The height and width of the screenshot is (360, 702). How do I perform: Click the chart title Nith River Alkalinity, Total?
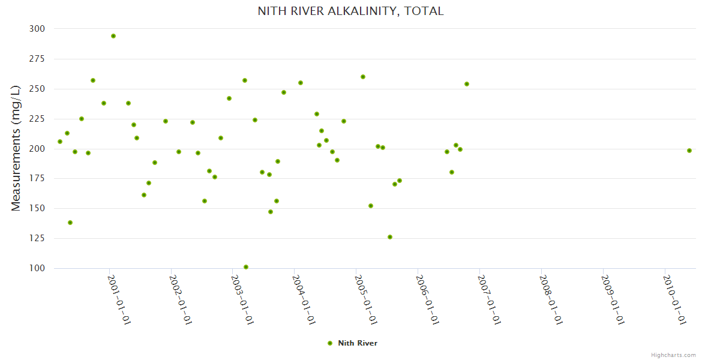[x=350, y=11]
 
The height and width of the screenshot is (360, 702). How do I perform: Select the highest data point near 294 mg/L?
[x=113, y=36]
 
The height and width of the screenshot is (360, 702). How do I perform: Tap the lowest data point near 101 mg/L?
[x=246, y=267]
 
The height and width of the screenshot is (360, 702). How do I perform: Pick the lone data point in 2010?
[x=689, y=151]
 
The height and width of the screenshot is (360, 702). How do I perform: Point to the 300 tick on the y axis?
[x=37, y=29]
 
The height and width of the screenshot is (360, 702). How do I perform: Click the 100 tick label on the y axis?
[x=37, y=268]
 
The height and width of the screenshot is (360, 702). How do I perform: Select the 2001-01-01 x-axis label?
[x=119, y=299]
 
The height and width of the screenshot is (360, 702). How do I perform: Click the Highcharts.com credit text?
[x=673, y=355]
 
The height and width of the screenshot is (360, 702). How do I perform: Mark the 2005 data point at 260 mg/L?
[x=363, y=77]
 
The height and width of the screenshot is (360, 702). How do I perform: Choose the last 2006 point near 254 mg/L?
[x=467, y=84]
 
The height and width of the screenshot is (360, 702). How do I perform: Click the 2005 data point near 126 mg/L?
[x=390, y=237]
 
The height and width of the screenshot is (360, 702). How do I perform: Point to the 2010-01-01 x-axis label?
[x=674, y=299]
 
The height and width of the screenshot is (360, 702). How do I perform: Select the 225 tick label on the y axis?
[x=37, y=119]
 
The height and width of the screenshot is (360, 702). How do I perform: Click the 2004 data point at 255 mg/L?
[x=301, y=83]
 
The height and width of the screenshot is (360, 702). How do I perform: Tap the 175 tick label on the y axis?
[x=37, y=178]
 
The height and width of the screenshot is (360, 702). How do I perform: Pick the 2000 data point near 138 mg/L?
[x=70, y=223]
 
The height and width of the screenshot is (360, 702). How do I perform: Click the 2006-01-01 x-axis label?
[x=428, y=299]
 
